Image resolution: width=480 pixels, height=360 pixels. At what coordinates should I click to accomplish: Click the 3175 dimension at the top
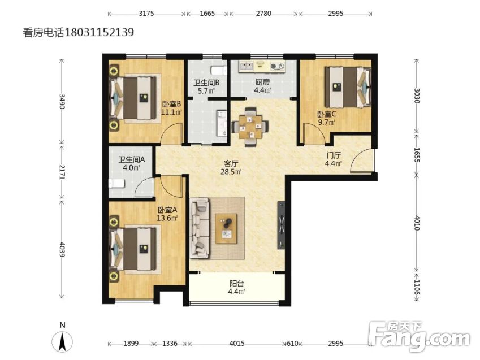[x=146, y=14]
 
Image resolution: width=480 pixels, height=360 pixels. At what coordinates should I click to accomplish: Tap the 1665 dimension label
[x=207, y=14]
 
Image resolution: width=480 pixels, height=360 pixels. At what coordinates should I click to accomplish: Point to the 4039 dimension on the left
[x=62, y=250]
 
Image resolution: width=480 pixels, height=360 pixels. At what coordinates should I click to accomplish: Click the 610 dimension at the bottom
[x=292, y=344]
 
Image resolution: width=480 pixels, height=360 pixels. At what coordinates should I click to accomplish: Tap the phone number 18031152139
[x=99, y=32]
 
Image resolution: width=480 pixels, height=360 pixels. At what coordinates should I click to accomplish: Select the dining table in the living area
[x=250, y=127]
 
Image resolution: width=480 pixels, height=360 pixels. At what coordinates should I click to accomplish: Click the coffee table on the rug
[x=226, y=229]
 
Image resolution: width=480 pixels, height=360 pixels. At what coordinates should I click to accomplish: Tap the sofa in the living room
[x=200, y=228]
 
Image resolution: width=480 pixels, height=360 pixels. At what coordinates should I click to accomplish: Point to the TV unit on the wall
[x=282, y=225]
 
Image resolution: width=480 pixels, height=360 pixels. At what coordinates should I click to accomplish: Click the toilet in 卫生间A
[x=116, y=183]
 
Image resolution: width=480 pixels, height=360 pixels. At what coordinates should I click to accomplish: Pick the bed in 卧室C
[x=348, y=87]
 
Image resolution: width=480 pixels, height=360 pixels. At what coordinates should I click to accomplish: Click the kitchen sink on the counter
[x=246, y=66]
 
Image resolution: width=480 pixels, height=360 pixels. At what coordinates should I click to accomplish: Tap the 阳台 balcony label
[x=237, y=284]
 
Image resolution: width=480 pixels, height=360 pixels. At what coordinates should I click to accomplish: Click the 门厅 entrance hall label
[x=334, y=155]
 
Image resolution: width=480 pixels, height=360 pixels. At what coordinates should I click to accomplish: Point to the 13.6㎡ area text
[x=167, y=218]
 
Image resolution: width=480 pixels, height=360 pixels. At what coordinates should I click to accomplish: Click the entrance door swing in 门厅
[x=362, y=161]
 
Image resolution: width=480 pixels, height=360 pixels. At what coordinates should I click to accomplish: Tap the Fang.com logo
[x=419, y=337]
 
